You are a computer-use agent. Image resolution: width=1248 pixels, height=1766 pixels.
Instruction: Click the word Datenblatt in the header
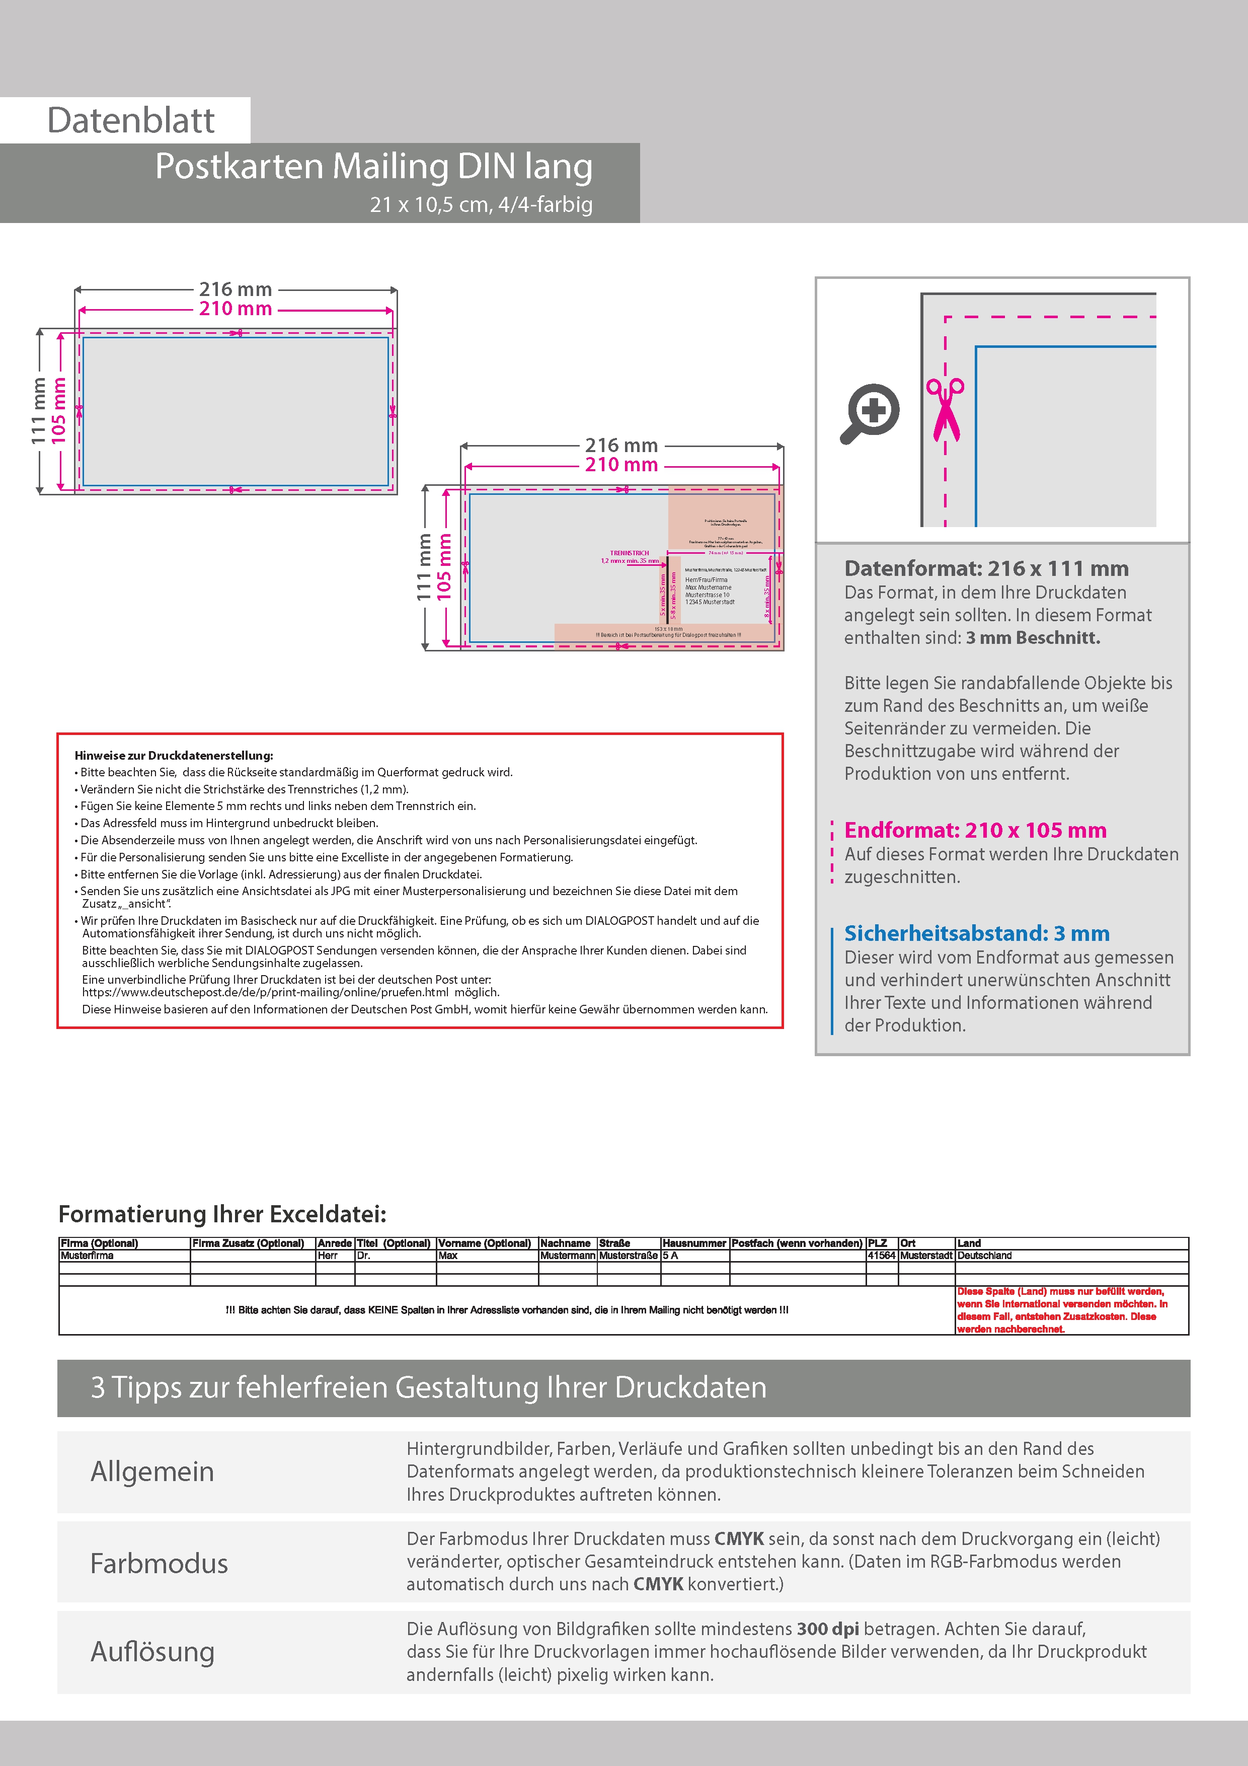pos(131,121)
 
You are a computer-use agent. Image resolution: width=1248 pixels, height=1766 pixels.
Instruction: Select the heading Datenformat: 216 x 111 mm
pos(986,568)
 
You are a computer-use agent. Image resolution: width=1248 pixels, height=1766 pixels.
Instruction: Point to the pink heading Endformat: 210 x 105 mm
pos(975,830)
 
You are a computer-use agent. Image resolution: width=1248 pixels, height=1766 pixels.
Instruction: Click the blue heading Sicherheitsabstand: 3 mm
pos(977,933)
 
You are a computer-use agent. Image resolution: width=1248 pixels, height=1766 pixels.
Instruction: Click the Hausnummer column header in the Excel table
pos(694,1243)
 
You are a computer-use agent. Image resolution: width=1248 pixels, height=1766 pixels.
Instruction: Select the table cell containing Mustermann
pos(568,1255)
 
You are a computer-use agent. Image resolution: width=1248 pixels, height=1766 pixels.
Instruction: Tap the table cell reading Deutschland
pos(984,1255)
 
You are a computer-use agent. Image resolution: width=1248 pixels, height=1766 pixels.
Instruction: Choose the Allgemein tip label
pos(152,1471)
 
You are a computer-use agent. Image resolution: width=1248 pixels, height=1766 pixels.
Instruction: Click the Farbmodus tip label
pos(159,1564)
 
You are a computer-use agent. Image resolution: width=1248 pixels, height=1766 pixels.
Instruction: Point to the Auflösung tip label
pos(152,1651)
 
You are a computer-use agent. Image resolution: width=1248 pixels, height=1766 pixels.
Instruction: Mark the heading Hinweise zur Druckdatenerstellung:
pos(174,755)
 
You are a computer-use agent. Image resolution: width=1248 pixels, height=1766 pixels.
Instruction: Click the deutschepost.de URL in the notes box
pos(265,992)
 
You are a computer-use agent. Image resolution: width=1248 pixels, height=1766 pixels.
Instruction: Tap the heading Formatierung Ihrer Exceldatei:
pos(222,1214)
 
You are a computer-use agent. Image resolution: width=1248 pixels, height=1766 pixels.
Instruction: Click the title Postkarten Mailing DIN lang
pos(374,166)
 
